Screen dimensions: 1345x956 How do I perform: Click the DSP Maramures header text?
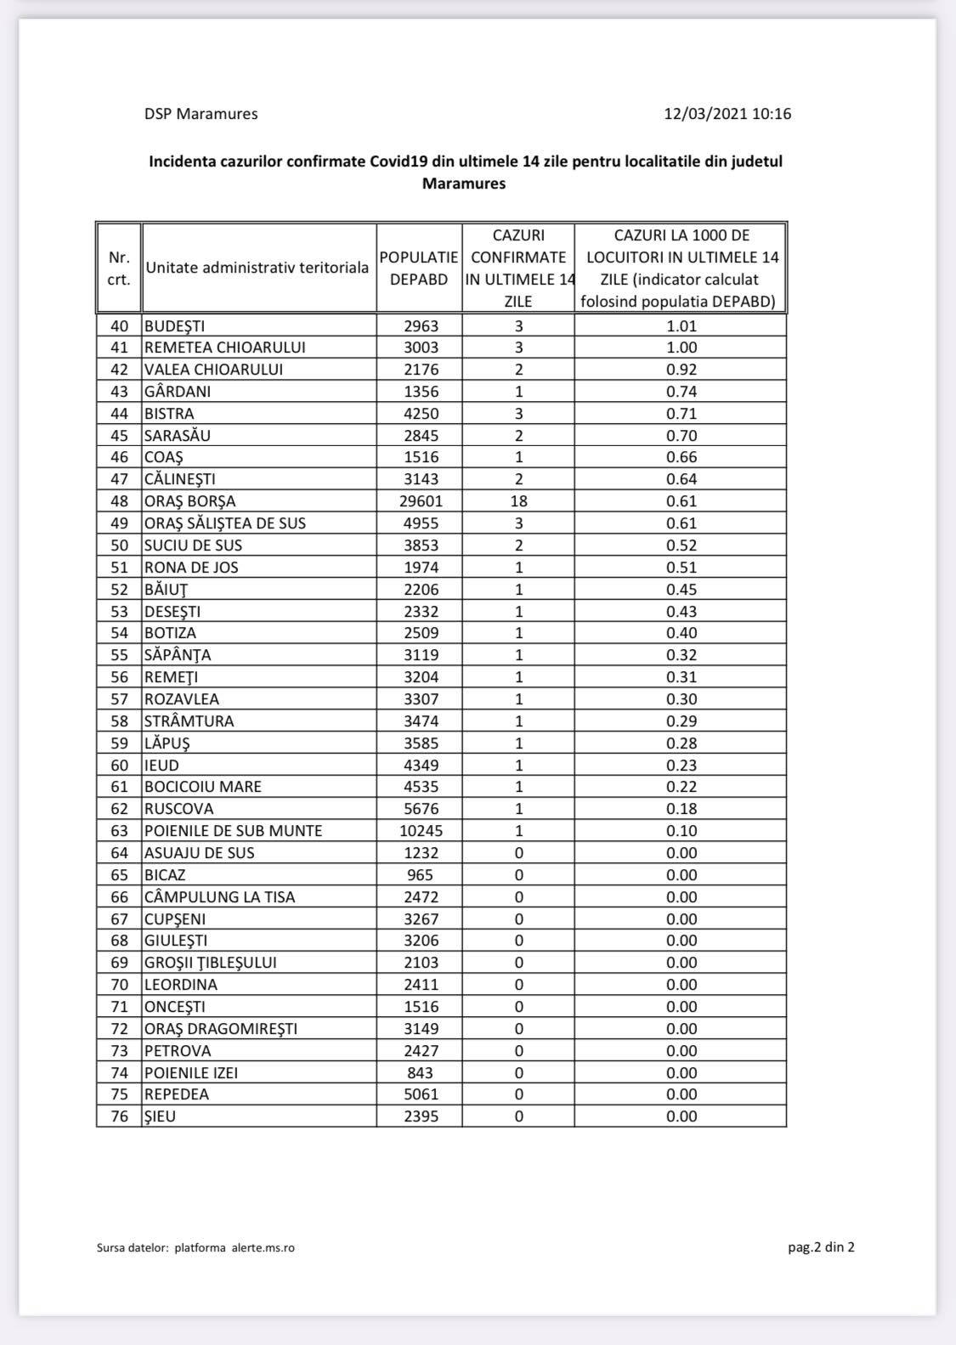(201, 114)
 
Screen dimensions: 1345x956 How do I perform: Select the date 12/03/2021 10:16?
(727, 114)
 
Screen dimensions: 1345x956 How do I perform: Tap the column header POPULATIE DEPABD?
(419, 268)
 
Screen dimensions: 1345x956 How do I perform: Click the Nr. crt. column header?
(119, 268)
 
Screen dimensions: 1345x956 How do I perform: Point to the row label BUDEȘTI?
(174, 326)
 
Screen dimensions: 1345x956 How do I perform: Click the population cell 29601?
(421, 501)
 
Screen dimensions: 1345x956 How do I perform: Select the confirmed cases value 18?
(518, 501)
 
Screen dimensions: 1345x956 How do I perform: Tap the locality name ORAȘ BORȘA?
(190, 501)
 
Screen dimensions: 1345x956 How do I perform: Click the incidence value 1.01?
(682, 326)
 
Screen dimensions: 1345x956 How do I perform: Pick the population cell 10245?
(421, 831)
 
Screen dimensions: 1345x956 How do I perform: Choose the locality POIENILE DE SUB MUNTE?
(233, 831)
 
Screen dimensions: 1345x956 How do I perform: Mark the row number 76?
(120, 1116)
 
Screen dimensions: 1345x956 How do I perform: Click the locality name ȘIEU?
(160, 1116)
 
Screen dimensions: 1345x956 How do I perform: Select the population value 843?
(421, 1073)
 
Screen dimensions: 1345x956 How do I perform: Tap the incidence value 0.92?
(682, 370)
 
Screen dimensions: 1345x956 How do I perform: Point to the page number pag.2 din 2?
(821, 1247)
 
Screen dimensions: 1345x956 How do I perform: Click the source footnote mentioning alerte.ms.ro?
(195, 1248)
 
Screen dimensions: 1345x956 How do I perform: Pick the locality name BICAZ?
(165, 875)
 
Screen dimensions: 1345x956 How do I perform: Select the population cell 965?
(421, 875)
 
